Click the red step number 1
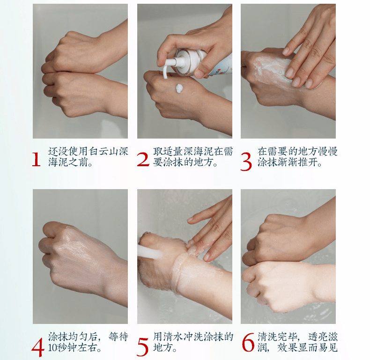click(x=36, y=160)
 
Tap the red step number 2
click(x=143, y=160)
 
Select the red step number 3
click(x=246, y=162)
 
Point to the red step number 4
click(x=38, y=347)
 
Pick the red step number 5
click(x=142, y=347)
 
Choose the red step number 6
click(x=248, y=343)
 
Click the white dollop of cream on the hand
click(x=179, y=88)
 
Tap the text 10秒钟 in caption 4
click(x=62, y=347)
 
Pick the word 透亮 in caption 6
click(x=318, y=337)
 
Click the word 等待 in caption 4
click(x=118, y=337)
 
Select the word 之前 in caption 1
click(x=78, y=162)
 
